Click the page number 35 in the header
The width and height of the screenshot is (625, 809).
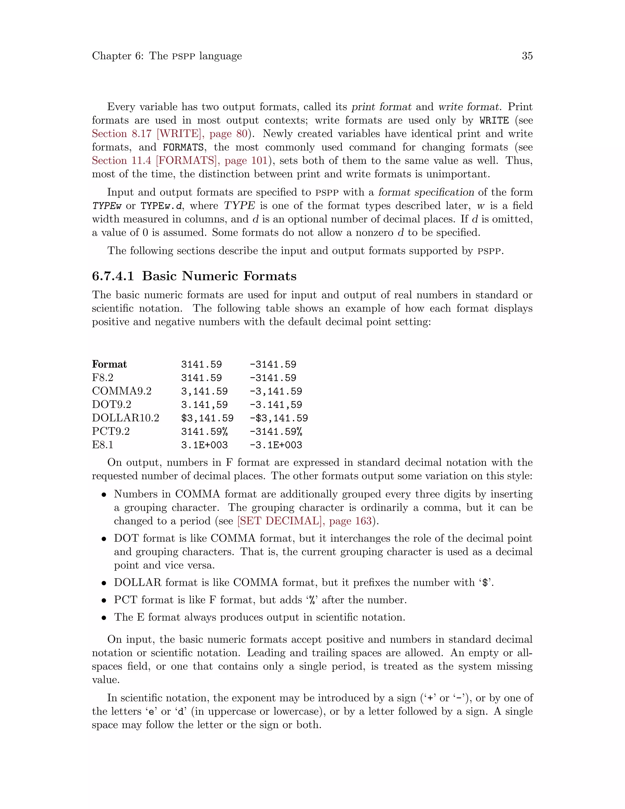pyautogui.click(x=527, y=56)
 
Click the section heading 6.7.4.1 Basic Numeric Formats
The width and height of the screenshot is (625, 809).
pyautogui.click(x=194, y=276)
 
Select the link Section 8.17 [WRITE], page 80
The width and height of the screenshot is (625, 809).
pyautogui.click(x=169, y=134)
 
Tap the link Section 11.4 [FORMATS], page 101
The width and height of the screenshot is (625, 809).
pyautogui.click(x=179, y=161)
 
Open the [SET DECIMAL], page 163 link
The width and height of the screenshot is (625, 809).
pyautogui.click(x=304, y=521)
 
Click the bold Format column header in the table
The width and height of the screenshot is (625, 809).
pyautogui.click(x=109, y=364)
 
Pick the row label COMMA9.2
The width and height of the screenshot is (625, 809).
pyautogui.click(x=121, y=391)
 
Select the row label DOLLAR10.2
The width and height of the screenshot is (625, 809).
pyautogui.click(x=125, y=418)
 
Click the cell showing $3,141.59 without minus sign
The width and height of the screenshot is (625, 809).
pyautogui.click(x=207, y=418)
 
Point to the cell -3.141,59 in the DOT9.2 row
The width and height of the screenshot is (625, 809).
pyautogui.click(x=276, y=405)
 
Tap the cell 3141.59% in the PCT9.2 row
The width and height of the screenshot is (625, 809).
pyautogui.click(x=204, y=432)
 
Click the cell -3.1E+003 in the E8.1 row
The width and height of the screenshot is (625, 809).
pyautogui.click(x=276, y=445)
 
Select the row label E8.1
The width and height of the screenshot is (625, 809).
pyautogui.click(x=103, y=445)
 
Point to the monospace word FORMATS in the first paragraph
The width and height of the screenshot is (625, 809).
pyautogui.click(x=183, y=147)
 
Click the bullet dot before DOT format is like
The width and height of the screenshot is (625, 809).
pyautogui.click(x=104, y=539)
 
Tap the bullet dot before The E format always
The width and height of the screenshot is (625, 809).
pyautogui.click(x=104, y=618)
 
